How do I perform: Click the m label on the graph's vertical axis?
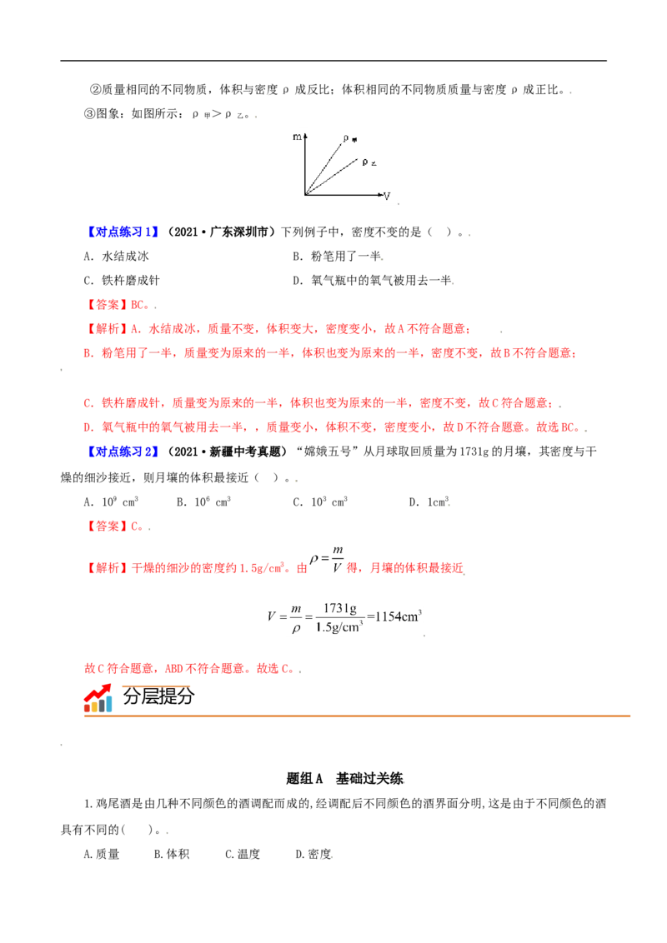point(298,137)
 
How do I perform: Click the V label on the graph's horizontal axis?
point(387,196)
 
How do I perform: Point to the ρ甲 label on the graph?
point(350,139)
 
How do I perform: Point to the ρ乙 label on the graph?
point(369,162)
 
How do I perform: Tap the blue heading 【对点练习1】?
point(122,232)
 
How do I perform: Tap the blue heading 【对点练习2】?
point(122,452)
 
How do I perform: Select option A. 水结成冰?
point(116,257)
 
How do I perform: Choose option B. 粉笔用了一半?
point(338,257)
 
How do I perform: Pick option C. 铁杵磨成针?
point(122,280)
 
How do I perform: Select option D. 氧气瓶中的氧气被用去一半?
point(373,280)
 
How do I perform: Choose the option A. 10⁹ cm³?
point(112,501)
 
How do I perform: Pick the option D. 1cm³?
point(429,501)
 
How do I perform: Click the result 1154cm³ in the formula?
point(398,616)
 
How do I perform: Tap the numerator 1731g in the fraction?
point(339,608)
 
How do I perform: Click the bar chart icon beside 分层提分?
point(98,699)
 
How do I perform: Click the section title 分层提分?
point(159,696)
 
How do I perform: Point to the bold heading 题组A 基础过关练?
point(344,779)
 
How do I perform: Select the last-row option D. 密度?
point(313,854)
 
